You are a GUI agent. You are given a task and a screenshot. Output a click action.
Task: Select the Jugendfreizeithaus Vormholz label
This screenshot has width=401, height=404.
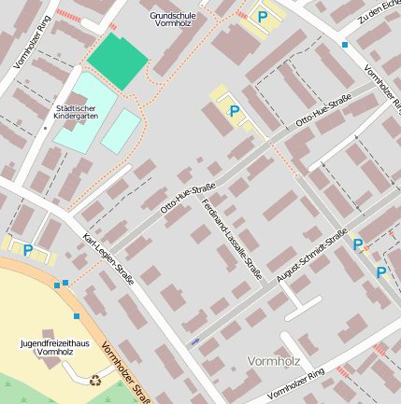point(47,347)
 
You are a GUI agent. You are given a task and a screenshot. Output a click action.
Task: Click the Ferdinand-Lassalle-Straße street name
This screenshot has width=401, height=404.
point(231,239)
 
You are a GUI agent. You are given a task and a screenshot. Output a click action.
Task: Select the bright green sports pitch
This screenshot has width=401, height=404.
point(119,61)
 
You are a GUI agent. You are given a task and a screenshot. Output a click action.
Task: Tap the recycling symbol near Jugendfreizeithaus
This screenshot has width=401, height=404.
point(94,380)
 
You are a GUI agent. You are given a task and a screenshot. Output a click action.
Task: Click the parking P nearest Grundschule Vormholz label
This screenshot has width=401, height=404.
point(263,17)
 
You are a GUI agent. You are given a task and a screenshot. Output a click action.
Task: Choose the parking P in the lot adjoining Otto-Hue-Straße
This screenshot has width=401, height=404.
point(234,111)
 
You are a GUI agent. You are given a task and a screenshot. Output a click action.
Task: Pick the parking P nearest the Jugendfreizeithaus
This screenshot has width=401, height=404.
point(27,250)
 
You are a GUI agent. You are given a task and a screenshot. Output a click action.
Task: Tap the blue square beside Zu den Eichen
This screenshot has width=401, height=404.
point(345,45)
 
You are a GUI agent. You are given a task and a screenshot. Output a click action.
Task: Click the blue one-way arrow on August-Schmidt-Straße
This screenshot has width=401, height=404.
point(195,341)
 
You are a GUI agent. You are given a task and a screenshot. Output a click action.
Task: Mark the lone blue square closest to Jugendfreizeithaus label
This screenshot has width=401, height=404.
point(77,316)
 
